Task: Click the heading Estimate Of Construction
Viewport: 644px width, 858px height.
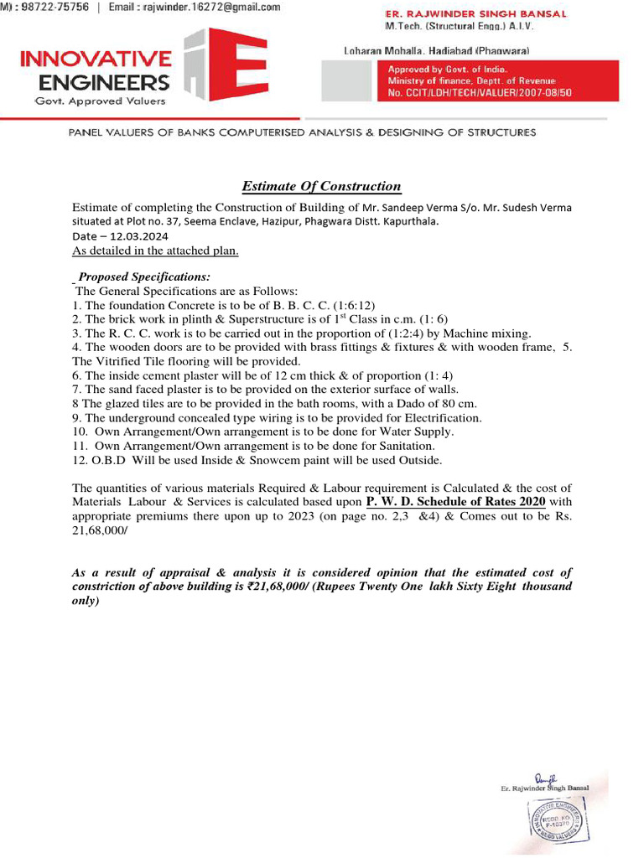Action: (x=322, y=186)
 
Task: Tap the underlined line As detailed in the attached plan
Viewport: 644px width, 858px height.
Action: (x=155, y=250)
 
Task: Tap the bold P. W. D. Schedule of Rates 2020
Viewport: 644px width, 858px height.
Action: (x=456, y=501)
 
